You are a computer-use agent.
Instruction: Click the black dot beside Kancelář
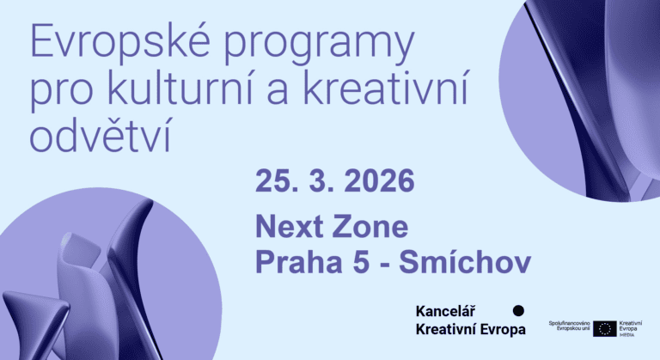pos(517,310)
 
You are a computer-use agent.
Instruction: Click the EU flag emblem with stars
pos(604,328)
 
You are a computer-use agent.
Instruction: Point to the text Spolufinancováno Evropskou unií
pos(568,327)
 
